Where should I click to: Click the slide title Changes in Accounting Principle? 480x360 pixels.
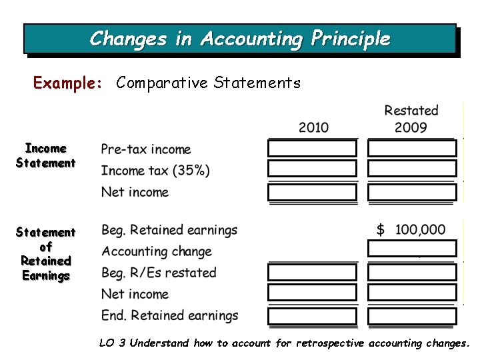pyautogui.click(x=240, y=39)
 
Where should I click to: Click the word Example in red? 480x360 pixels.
pyautogui.click(x=67, y=83)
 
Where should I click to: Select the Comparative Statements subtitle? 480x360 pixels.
pyautogui.click(x=208, y=83)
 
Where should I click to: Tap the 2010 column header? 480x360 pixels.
pyautogui.click(x=313, y=127)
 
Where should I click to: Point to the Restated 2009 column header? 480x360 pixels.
pyautogui.click(x=411, y=119)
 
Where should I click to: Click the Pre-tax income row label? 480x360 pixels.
pyautogui.click(x=146, y=149)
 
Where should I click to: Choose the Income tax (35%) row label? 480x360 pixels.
pyautogui.click(x=155, y=171)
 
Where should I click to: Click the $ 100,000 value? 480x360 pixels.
pyautogui.click(x=411, y=230)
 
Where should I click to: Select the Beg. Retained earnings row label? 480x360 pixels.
pyautogui.click(x=169, y=230)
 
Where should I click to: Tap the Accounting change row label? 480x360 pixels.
pyautogui.click(x=157, y=251)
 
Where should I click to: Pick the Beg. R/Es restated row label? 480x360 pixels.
pyautogui.click(x=159, y=273)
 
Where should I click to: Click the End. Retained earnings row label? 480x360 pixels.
pyautogui.click(x=169, y=315)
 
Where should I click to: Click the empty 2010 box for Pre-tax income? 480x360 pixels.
pyautogui.click(x=312, y=148)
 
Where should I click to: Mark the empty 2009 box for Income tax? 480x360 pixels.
pyautogui.click(x=412, y=169)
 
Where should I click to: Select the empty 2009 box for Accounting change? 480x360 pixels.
pyautogui.click(x=412, y=249)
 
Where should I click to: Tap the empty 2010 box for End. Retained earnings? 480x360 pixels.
pyautogui.click(x=312, y=315)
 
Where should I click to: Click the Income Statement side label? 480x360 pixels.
pyautogui.click(x=46, y=155)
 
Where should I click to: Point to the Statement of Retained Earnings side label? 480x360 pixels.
pyautogui.click(x=46, y=253)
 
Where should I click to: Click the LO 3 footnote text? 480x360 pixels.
pyautogui.click(x=284, y=343)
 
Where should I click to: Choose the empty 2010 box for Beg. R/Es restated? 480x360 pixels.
pyautogui.click(x=312, y=272)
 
